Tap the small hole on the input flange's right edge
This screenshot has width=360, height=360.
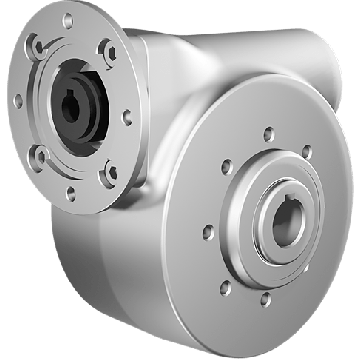[x=127, y=117]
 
